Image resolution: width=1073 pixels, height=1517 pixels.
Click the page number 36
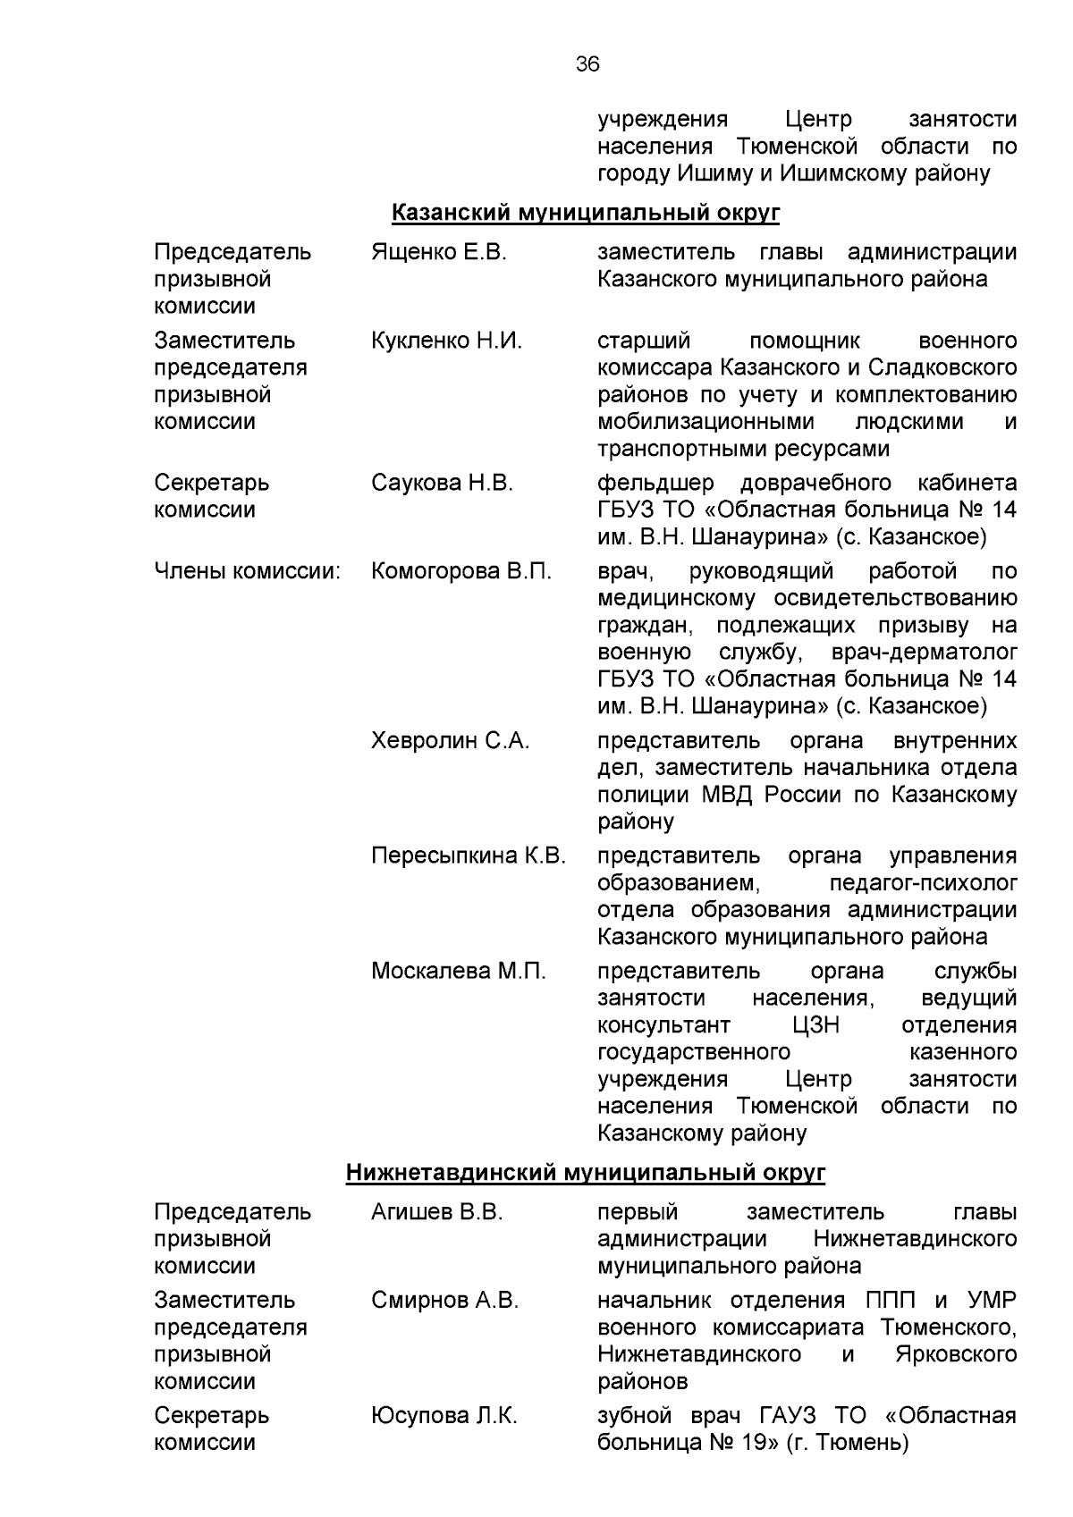pyautogui.click(x=587, y=64)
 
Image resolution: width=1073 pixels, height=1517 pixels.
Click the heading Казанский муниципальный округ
pyautogui.click(x=586, y=213)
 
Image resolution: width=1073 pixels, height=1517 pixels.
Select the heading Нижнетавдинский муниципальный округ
pyautogui.click(x=586, y=1172)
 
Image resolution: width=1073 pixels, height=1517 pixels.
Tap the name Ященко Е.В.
pyautogui.click(x=438, y=252)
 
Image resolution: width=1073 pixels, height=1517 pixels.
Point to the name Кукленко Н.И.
pyautogui.click(x=446, y=341)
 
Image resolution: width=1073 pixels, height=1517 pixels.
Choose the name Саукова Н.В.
pyautogui.click(x=442, y=484)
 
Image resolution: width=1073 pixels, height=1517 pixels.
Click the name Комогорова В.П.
pyautogui.click(x=461, y=571)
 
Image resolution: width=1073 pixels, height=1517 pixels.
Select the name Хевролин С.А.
pyautogui.click(x=450, y=741)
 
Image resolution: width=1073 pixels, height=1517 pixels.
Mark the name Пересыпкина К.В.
pyautogui.click(x=469, y=856)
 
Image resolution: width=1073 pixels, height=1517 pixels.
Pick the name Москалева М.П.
pyautogui.click(x=458, y=971)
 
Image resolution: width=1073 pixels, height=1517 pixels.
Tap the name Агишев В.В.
pyautogui.click(x=436, y=1212)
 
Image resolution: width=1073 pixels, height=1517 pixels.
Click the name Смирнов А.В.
pyautogui.click(x=444, y=1300)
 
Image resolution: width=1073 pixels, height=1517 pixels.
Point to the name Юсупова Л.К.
pyautogui.click(x=444, y=1416)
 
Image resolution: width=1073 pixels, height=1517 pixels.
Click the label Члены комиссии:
pyautogui.click(x=248, y=571)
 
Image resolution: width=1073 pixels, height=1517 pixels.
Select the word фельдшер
pyautogui.click(x=655, y=484)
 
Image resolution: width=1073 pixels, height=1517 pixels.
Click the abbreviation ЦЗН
pyautogui.click(x=815, y=1025)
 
